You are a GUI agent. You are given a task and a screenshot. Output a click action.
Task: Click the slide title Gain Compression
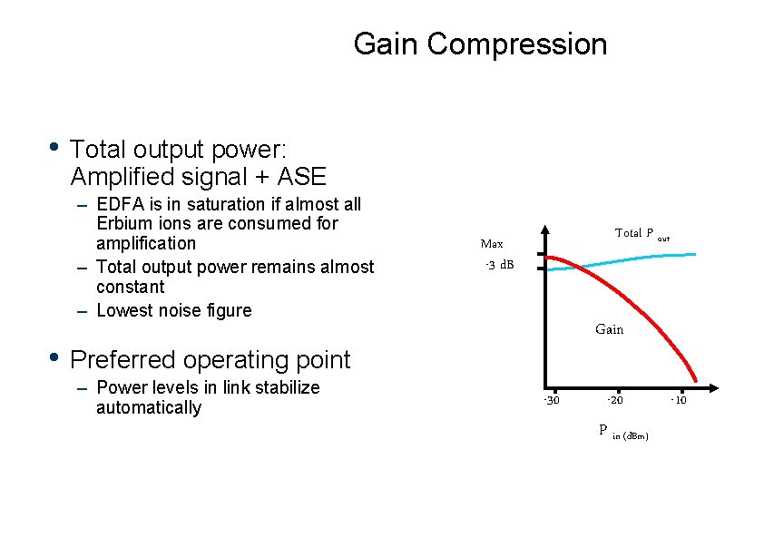click(x=480, y=44)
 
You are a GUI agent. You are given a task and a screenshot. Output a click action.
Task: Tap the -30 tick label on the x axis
click(x=551, y=401)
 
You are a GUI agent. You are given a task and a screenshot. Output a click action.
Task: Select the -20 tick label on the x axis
click(x=615, y=401)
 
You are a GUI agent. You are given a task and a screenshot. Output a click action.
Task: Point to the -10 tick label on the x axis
click(x=679, y=401)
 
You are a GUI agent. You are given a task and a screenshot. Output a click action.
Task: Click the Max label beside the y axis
click(x=492, y=244)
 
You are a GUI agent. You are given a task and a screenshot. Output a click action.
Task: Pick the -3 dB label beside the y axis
click(x=500, y=265)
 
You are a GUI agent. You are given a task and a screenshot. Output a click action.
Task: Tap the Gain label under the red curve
click(x=609, y=329)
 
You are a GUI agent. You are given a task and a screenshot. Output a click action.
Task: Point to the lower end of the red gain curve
click(x=696, y=379)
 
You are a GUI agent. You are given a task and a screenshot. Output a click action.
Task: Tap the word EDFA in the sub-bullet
click(x=120, y=203)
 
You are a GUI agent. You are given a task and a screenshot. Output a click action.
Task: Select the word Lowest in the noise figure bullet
click(x=126, y=310)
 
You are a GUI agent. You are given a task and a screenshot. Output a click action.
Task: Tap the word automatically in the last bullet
click(x=148, y=407)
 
